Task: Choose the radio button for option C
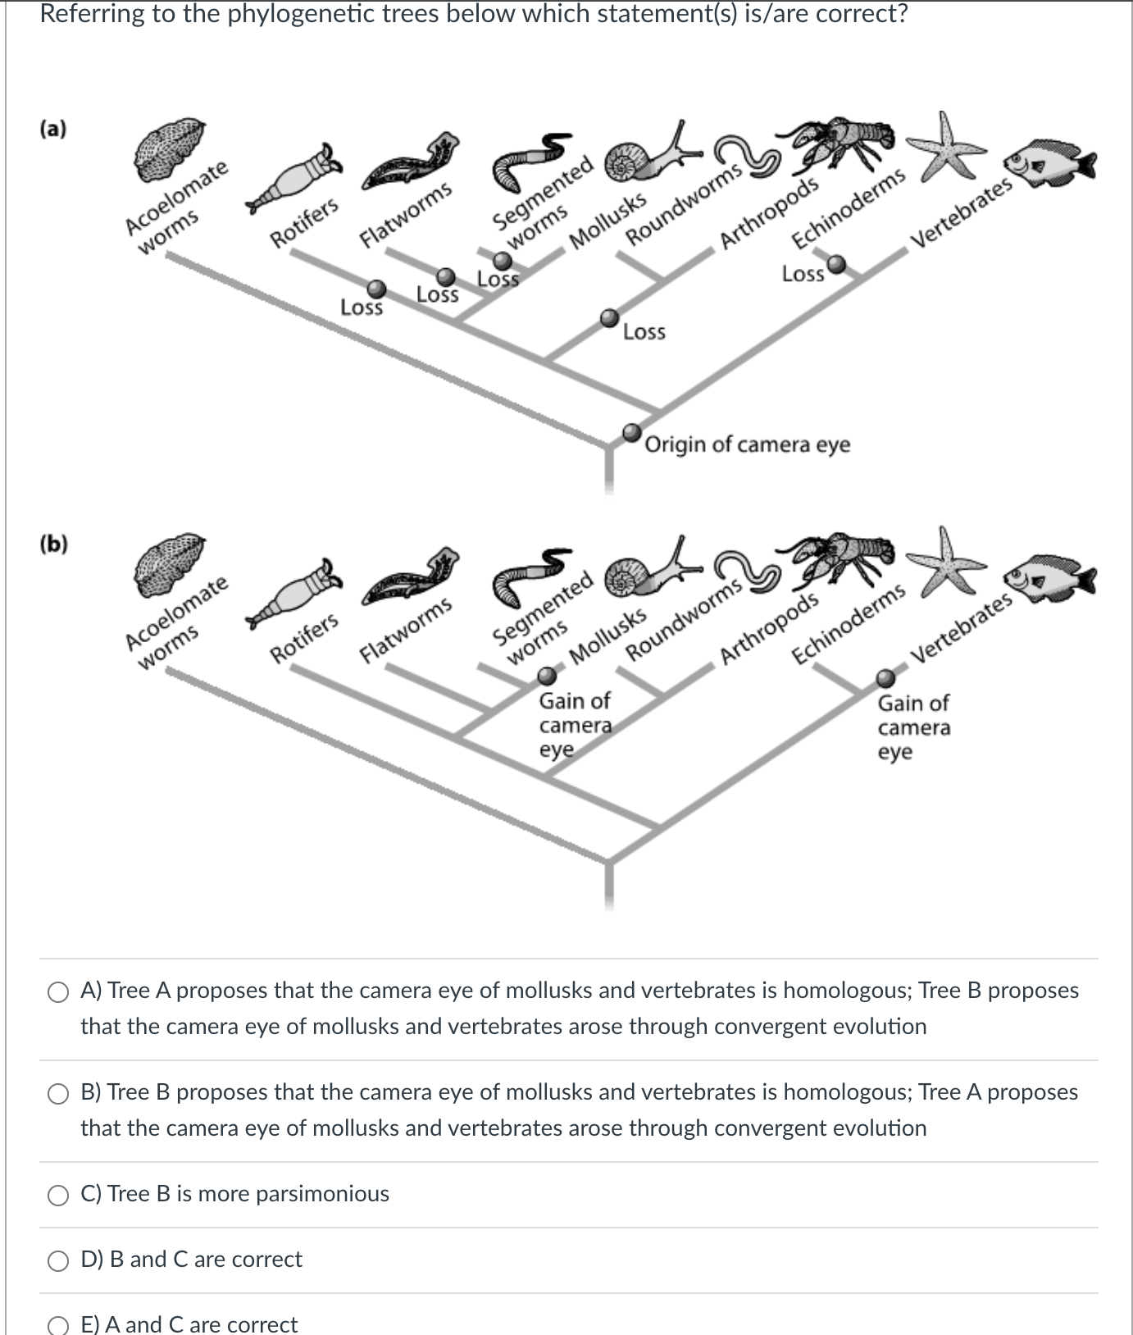[58, 1196]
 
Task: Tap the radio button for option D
[58, 1261]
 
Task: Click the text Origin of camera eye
[747, 444]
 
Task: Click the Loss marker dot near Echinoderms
[835, 264]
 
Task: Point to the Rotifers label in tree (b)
[304, 638]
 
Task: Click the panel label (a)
[53, 129]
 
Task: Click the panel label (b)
[53, 544]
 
